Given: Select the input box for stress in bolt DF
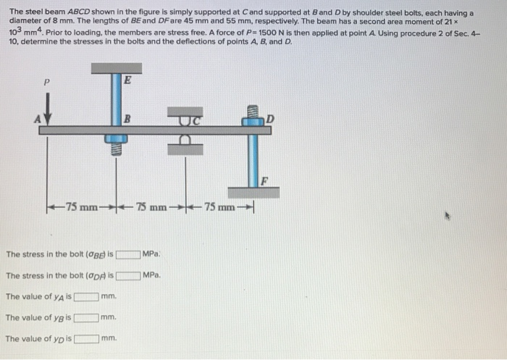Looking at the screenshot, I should click(x=128, y=276).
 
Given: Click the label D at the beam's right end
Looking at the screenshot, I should click(x=271, y=118).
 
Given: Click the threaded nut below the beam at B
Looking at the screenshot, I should click(x=116, y=148).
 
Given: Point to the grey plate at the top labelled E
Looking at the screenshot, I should click(x=116, y=70).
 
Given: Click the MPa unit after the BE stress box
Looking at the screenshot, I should click(x=151, y=254).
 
